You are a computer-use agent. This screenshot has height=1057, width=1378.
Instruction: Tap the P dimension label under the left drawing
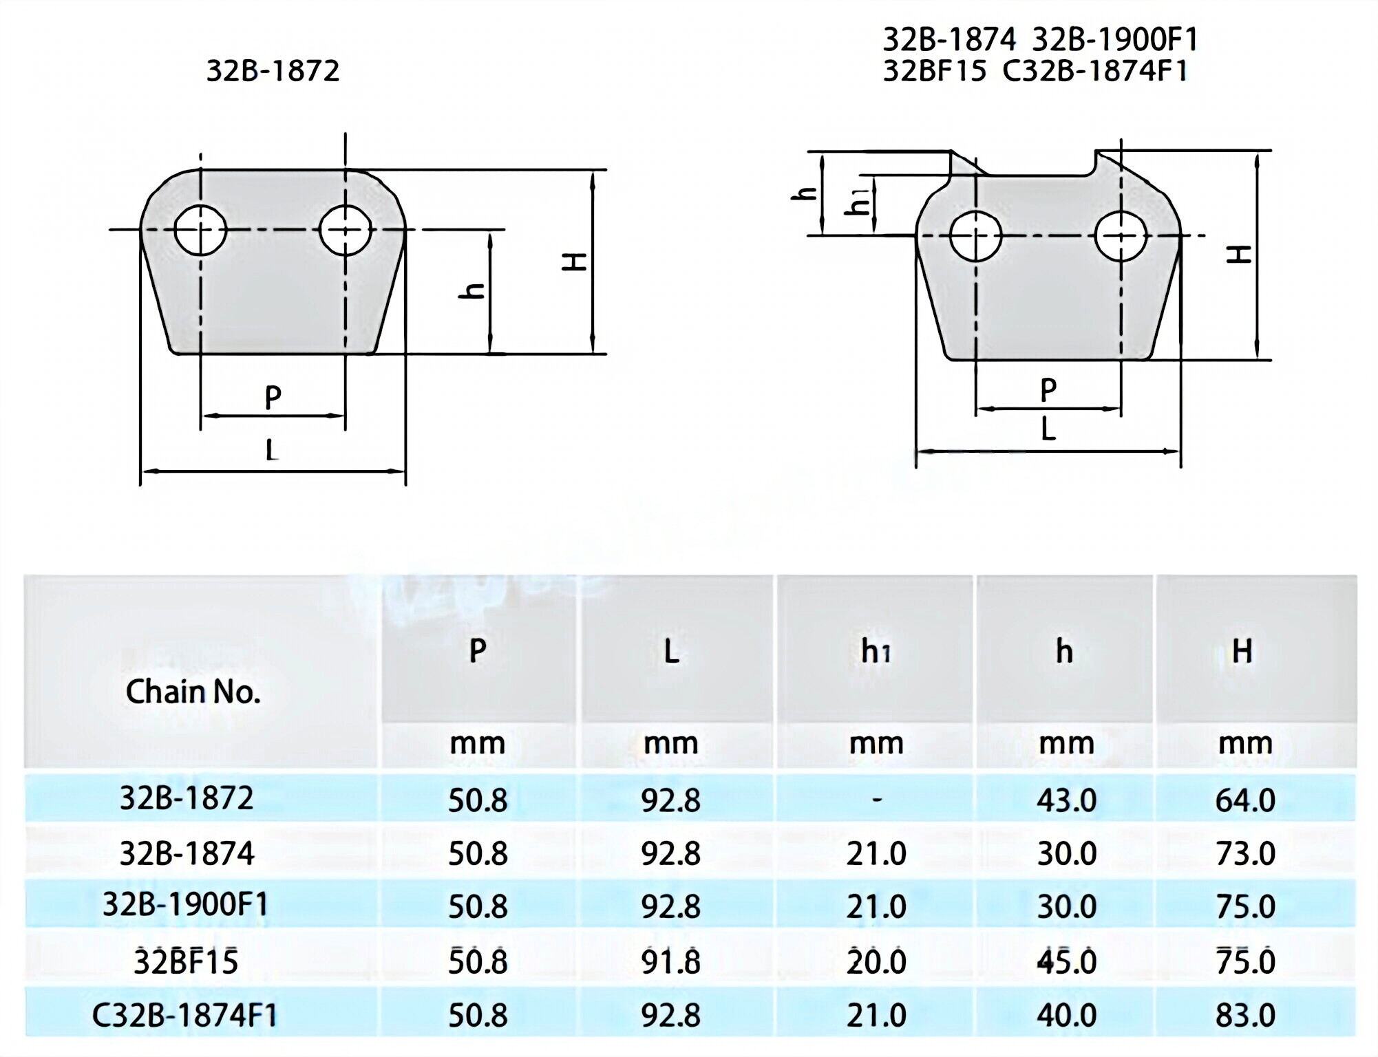[x=273, y=397]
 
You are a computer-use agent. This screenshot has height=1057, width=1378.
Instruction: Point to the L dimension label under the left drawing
[x=272, y=450]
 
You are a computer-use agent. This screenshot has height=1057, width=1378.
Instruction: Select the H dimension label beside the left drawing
[x=575, y=261]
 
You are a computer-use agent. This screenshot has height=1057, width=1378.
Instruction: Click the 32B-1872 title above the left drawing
[x=273, y=71]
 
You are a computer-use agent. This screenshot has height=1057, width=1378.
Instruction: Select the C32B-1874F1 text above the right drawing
[x=1095, y=70]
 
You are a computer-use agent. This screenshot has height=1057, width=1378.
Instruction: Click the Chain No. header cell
[x=193, y=692]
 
